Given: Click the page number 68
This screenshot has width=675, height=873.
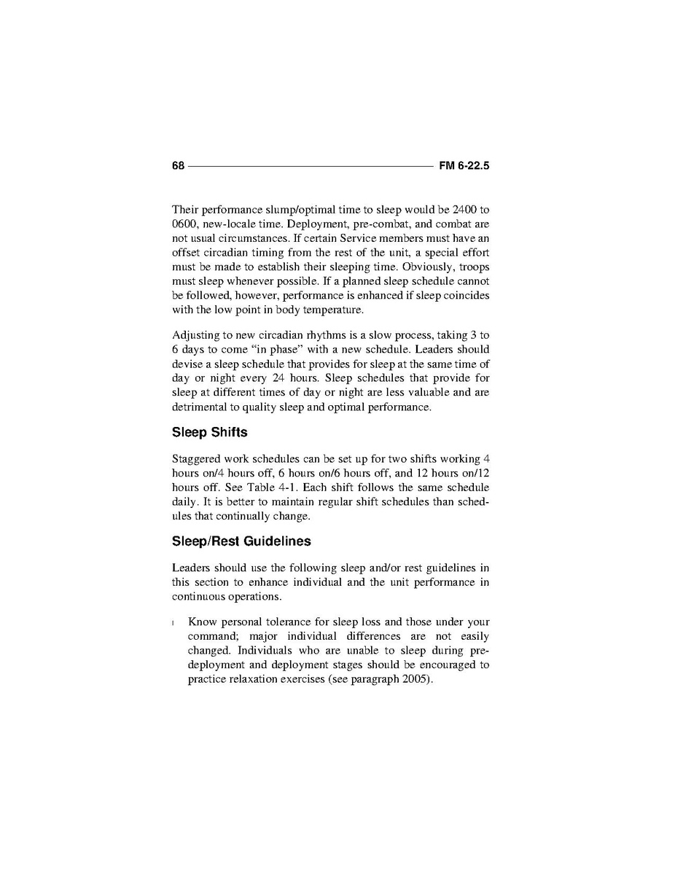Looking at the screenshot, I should click(x=178, y=165).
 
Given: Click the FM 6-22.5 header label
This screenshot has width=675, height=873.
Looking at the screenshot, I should click(x=464, y=165).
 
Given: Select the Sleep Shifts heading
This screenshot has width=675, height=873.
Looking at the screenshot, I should click(x=209, y=432).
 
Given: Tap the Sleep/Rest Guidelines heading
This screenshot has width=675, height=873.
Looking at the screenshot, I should click(x=241, y=541).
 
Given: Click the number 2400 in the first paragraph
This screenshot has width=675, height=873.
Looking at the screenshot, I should click(x=464, y=209).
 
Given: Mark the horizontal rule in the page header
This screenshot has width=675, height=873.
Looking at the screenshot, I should click(x=311, y=166).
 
